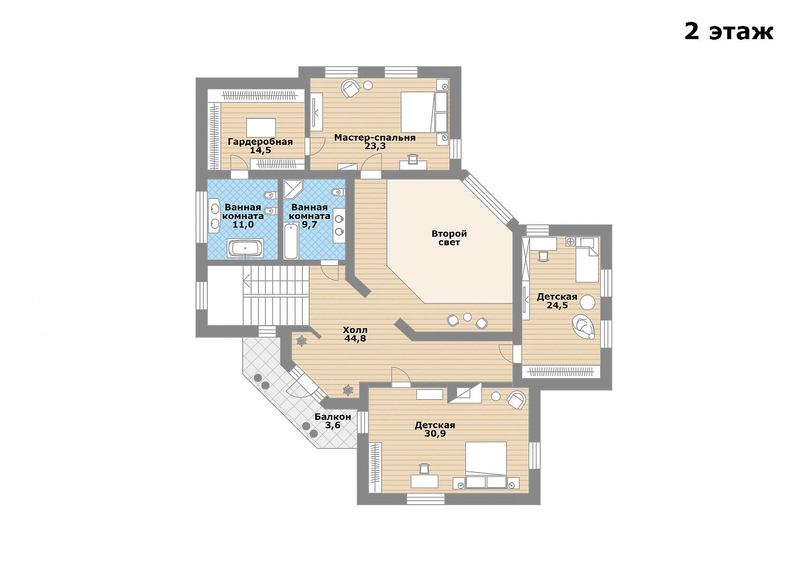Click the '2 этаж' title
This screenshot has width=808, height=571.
tap(729, 32)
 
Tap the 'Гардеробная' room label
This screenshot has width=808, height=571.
tap(260, 142)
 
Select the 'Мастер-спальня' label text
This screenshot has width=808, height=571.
tap(375, 137)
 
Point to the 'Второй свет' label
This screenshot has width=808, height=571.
tap(449, 238)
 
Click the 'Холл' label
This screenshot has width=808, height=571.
tap(355, 330)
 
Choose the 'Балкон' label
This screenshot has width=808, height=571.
tap(333, 417)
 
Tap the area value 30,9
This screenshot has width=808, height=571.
tap(435, 434)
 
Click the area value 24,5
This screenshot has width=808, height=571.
tap(557, 305)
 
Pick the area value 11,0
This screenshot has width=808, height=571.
tap(243, 225)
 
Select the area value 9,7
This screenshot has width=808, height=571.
tap(309, 225)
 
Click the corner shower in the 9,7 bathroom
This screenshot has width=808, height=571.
tap(293, 190)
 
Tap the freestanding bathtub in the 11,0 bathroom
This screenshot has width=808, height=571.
tap(245, 248)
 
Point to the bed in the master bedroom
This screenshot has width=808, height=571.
tap(418, 112)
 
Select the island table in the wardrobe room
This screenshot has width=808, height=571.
tap(261, 128)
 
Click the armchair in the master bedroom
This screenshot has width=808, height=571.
tap(350, 89)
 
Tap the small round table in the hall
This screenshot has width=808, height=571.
tap(467, 317)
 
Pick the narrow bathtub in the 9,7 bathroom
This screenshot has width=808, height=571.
tap(291, 241)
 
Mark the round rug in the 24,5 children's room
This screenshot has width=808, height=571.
tap(587, 302)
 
